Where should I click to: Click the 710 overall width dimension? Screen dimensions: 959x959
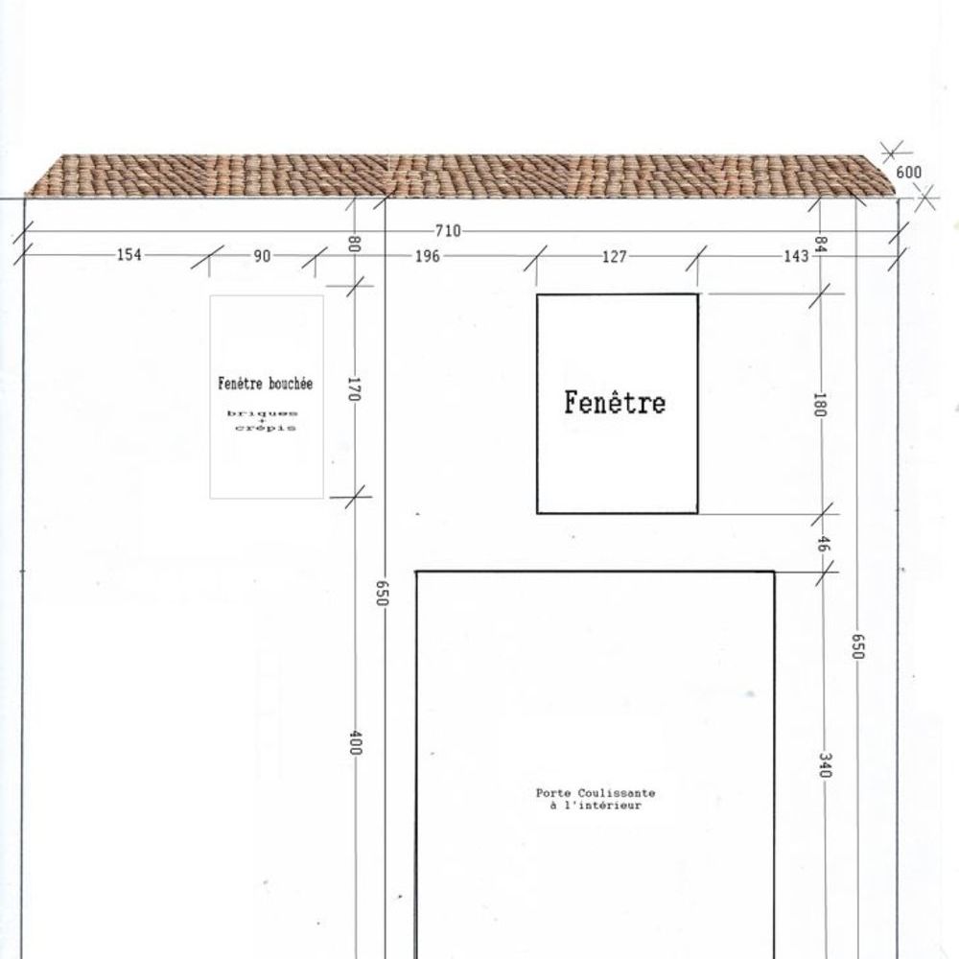(448, 231)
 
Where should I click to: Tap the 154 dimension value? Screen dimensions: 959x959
(129, 254)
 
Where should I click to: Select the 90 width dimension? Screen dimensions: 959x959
(262, 256)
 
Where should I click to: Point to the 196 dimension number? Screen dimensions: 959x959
(428, 256)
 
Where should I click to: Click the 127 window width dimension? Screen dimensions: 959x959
(615, 256)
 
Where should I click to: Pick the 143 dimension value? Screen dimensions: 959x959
(796, 256)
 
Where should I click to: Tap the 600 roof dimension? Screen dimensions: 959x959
(909, 173)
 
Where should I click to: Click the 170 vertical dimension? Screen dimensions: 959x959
(354, 389)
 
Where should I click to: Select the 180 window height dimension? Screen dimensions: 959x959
(820, 405)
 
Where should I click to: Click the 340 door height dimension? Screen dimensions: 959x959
(825, 765)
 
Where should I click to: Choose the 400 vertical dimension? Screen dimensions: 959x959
(356, 742)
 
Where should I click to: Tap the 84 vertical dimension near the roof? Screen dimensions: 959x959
(821, 245)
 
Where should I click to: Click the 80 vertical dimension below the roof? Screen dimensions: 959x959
(354, 244)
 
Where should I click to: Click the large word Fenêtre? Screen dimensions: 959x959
(615, 403)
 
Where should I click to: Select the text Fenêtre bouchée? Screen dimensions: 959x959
(266, 384)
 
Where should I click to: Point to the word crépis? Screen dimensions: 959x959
(266, 428)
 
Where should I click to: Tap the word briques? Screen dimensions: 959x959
(263, 413)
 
